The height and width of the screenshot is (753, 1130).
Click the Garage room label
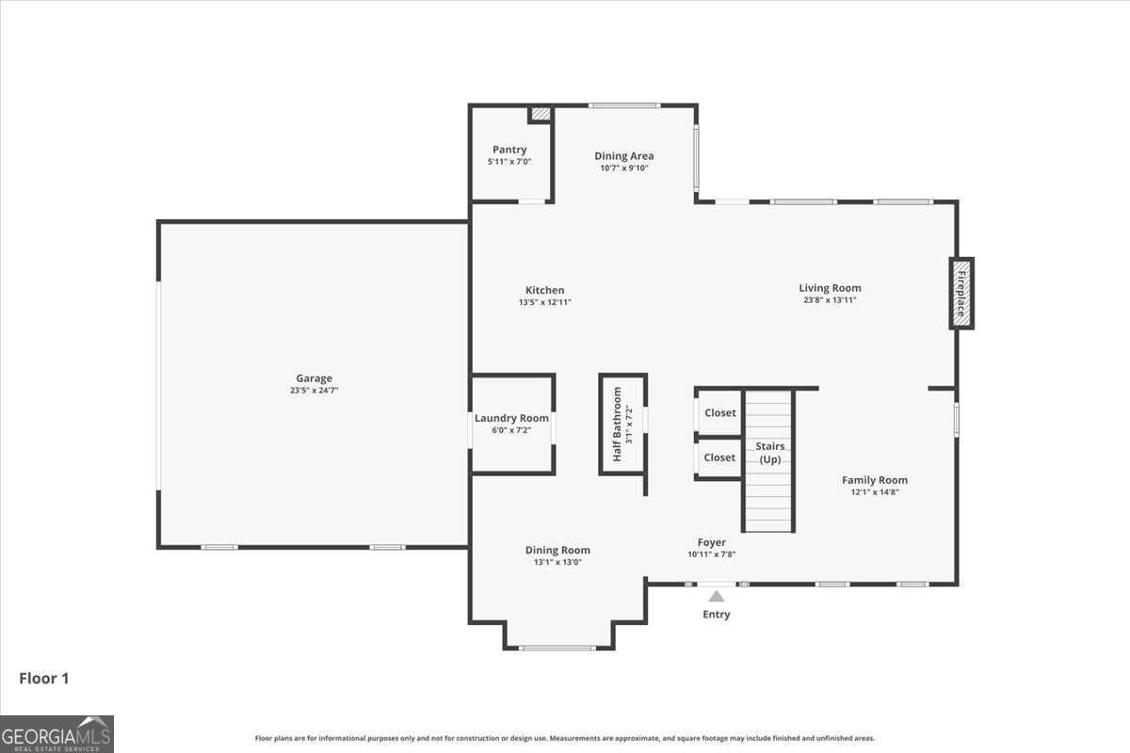314,378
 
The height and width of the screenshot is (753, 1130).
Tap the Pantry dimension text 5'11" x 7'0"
509,162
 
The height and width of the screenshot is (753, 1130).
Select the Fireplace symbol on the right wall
961,293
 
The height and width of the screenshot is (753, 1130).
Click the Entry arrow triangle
717,596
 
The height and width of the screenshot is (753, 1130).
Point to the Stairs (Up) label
770,453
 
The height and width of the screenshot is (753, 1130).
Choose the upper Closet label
720,412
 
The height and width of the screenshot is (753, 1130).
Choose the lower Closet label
719,457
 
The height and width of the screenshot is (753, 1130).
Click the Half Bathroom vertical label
618,424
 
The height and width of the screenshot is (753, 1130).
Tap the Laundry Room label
511,418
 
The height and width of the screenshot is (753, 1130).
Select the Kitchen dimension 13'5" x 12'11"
544,302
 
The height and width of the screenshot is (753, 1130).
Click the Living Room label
830,288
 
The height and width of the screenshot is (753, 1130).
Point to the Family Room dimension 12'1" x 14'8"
874,491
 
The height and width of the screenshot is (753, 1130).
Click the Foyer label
711,542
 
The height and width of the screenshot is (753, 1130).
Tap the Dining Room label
557,550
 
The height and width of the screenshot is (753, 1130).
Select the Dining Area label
623,156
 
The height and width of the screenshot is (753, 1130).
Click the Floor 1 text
44,678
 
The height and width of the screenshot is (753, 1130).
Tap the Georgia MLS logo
56,734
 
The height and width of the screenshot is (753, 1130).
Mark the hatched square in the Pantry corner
540,114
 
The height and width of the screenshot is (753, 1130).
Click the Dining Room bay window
557,648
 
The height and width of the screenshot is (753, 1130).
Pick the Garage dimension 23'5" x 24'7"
314,390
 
